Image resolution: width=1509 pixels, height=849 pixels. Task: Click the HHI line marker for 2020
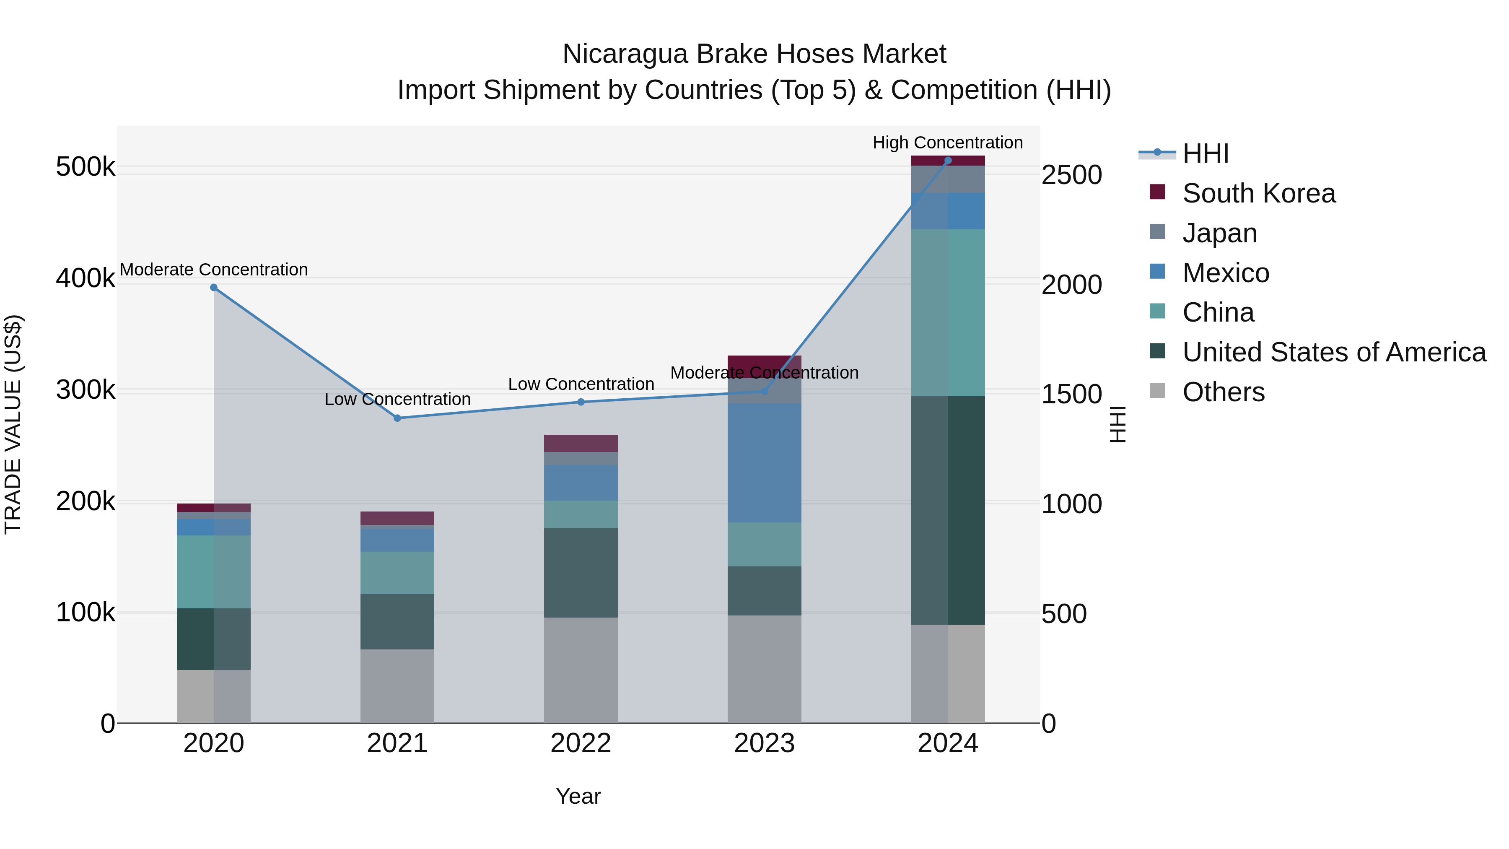[x=214, y=288]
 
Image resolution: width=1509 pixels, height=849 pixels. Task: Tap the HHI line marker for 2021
[x=397, y=418]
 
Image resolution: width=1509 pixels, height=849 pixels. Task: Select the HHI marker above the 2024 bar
[x=948, y=161]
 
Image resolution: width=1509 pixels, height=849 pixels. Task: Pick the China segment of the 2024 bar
[x=948, y=312]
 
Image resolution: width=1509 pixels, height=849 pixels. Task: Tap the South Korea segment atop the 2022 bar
[x=581, y=443]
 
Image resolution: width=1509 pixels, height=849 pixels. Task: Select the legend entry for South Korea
[x=1258, y=193]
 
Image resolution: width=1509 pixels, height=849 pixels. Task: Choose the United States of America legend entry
[x=1333, y=352]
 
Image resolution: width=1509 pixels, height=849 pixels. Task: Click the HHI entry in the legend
[x=1205, y=153]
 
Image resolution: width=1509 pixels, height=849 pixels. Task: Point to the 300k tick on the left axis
[x=86, y=389]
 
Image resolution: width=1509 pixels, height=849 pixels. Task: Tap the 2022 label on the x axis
[x=581, y=743]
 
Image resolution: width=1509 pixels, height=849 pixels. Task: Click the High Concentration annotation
[x=947, y=143]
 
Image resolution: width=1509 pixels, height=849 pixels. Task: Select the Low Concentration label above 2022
[x=581, y=384]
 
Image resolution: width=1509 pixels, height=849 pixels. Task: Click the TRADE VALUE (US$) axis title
[x=13, y=424]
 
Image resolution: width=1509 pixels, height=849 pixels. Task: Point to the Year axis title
[x=578, y=796]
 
